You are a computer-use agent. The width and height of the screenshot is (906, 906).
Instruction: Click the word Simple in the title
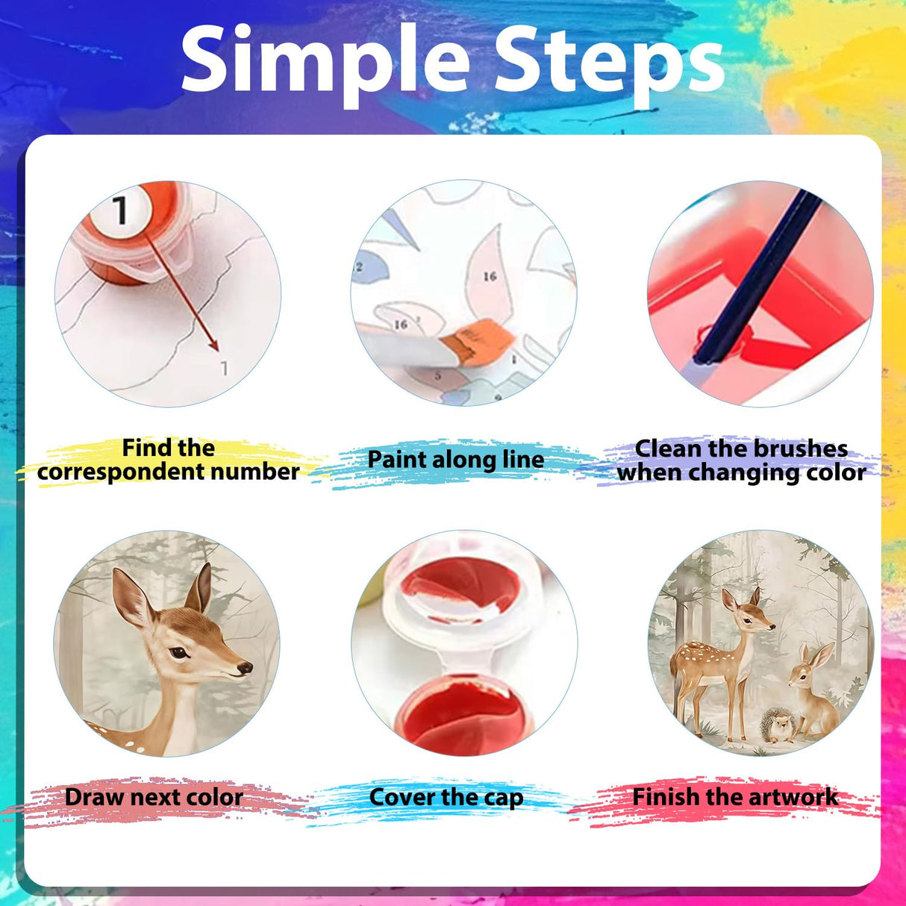pyautogui.click(x=325, y=63)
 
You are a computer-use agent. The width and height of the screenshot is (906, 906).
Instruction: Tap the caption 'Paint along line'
pyautogui.click(x=455, y=460)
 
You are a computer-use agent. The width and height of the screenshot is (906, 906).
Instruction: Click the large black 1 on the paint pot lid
pyautogui.click(x=120, y=210)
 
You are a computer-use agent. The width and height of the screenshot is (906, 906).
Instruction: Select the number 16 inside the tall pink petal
pyautogui.click(x=490, y=276)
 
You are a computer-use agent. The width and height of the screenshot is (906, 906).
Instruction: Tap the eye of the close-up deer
pyautogui.click(x=179, y=652)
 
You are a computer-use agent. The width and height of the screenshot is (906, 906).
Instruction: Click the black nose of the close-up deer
pyautogui.click(x=245, y=668)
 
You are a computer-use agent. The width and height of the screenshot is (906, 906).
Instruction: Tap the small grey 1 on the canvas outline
pyautogui.click(x=225, y=369)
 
